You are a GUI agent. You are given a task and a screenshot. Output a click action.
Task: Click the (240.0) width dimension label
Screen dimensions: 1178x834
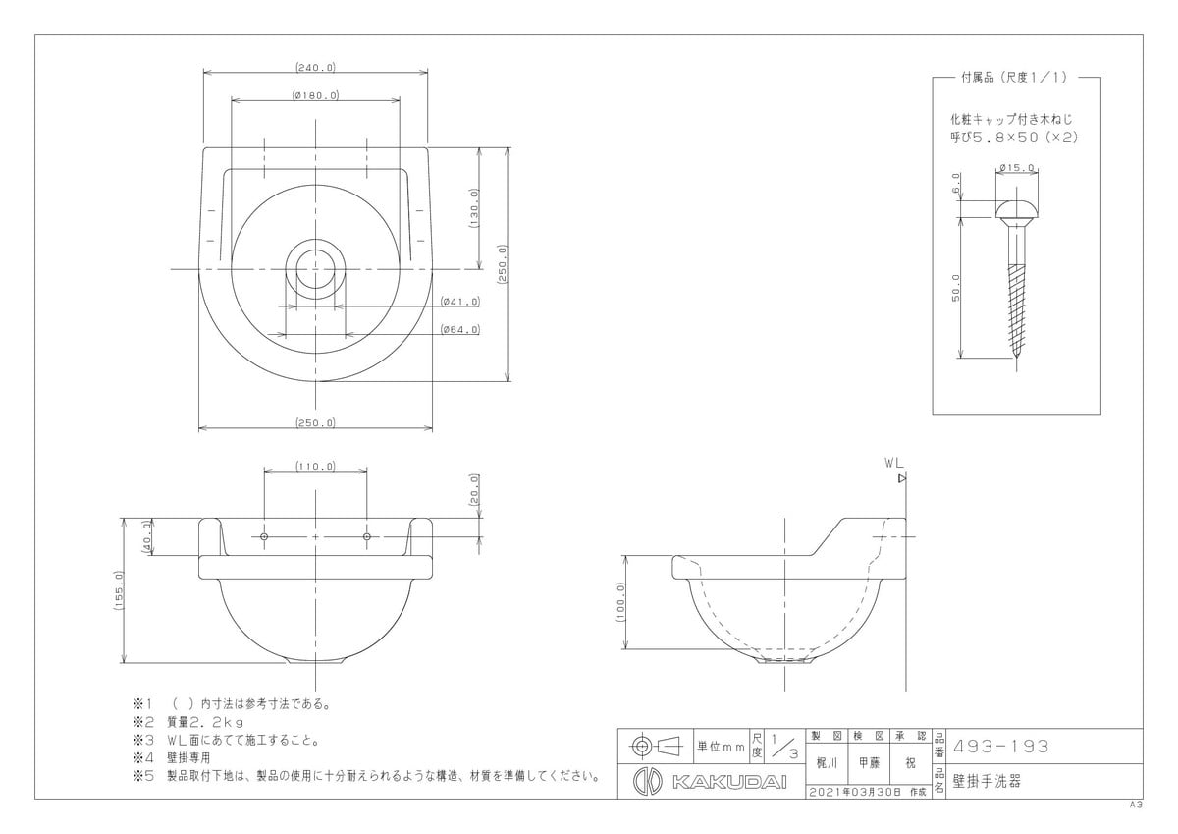[x=315, y=68]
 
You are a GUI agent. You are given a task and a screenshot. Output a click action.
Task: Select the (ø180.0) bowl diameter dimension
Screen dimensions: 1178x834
[x=315, y=95]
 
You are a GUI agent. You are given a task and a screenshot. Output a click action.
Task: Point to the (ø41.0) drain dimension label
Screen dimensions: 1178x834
[x=460, y=302]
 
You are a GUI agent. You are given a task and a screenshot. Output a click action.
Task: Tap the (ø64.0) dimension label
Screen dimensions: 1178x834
[x=460, y=329]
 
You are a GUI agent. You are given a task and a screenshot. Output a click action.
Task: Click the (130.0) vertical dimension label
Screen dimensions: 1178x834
[x=474, y=208]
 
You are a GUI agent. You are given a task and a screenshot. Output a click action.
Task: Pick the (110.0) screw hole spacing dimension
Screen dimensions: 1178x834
[x=315, y=467]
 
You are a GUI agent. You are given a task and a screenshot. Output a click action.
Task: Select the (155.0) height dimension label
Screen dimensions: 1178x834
[x=119, y=590]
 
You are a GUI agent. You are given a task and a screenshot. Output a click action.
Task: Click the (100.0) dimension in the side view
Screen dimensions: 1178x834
[x=620, y=602]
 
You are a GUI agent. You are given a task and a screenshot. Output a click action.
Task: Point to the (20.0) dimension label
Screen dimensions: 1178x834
[x=474, y=490]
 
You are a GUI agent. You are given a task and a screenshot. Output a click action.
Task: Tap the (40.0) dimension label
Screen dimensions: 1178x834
[x=146, y=536]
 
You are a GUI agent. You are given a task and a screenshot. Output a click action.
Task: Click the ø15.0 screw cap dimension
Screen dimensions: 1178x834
[x=1017, y=168]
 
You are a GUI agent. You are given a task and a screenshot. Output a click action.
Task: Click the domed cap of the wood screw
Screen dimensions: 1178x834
[x=1017, y=210]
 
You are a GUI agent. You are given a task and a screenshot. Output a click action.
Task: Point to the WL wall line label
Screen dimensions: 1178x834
[x=893, y=463]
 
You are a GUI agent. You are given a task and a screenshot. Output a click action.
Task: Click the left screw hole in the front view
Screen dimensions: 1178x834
[x=264, y=536]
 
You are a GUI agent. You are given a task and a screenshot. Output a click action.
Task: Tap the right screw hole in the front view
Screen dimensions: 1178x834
[x=366, y=536]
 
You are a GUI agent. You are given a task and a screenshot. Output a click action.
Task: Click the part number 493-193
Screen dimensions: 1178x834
[x=1001, y=747]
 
